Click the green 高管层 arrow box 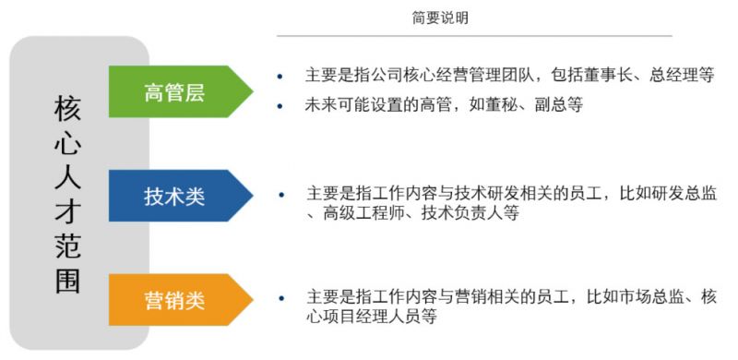tap(175, 91)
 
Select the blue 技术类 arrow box tap(175, 196)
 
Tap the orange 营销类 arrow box tap(175, 300)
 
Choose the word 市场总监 tap(654, 297)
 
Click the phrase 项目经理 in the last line tap(355, 317)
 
